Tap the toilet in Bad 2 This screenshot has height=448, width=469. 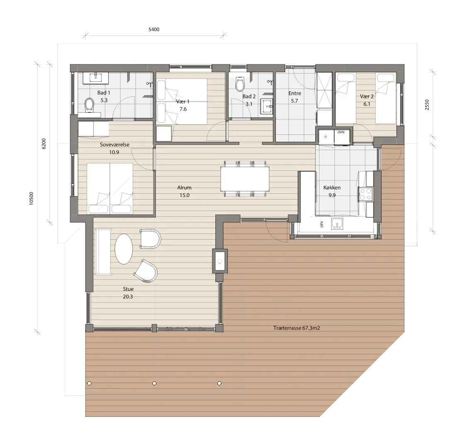click(239, 84)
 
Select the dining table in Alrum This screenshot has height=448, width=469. click(245, 179)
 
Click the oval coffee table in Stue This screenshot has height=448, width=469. click(124, 248)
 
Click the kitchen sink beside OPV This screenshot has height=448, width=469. click(337, 224)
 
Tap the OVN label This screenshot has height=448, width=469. click(341, 132)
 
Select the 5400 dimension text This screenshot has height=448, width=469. click(154, 29)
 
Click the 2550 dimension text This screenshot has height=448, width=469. click(427, 105)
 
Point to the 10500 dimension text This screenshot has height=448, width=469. click(32, 198)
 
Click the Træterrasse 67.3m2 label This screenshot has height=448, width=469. click(296, 328)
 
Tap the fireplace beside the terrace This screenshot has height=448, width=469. click(220, 261)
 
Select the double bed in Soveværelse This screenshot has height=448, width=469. click(110, 188)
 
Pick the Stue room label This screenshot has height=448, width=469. click(128, 289)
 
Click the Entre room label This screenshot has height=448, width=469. click(295, 93)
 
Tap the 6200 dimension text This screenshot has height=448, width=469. click(44, 144)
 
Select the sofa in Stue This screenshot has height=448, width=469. click(103, 252)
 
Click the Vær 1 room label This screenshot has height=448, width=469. click(183, 101)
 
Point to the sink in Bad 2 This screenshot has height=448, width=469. click(266, 106)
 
